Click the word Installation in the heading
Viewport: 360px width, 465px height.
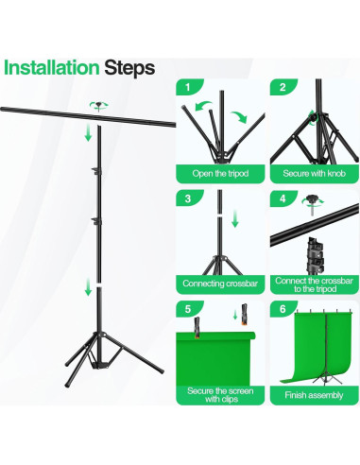[x=51, y=68]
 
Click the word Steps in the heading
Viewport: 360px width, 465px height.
[x=129, y=68]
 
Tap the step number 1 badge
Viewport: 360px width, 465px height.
[x=189, y=87]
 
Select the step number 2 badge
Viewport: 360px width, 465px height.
[x=283, y=87]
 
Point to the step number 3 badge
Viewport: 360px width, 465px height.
[x=188, y=198]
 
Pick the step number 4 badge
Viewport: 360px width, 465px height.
[x=283, y=198]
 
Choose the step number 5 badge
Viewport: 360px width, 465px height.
[x=188, y=309]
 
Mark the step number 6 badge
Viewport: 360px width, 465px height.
[x=283, y=309]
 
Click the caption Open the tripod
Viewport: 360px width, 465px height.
[x=220, y=174]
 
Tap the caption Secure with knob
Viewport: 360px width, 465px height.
[x=314, y=174]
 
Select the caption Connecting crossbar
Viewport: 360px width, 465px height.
[x=220, y=284]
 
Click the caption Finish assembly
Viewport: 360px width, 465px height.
[x=314, y=395]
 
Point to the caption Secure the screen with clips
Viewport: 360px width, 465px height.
[x=220, y=395]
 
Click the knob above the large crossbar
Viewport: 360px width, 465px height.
[x=99, y=106]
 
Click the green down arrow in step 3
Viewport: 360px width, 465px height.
[x=235, y=219]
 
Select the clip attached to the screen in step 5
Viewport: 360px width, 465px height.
[x=197, y=328]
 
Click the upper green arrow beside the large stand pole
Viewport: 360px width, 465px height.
[x=89, y=132]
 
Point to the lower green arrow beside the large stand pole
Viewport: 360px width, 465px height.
[x=89, y=286]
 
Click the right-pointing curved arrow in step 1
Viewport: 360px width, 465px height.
[x=239, y=117]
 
